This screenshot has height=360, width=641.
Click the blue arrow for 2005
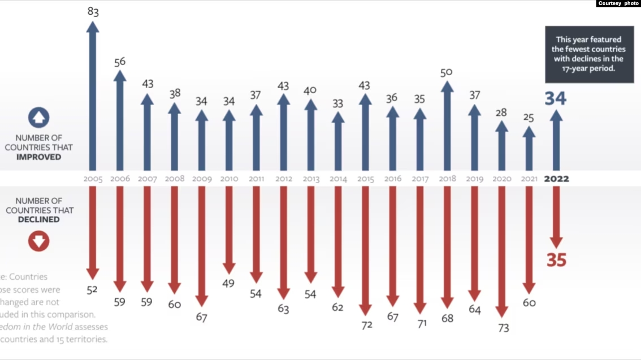click(93, 96)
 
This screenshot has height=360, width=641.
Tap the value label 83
click(93, 11)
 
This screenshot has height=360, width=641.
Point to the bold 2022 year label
click(556, 179)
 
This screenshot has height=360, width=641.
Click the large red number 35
click(556, 260)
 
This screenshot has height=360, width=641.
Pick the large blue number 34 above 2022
click(556, 98)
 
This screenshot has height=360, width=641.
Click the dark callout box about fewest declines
click(589, 55)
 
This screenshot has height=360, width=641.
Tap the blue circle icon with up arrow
click(38, 118)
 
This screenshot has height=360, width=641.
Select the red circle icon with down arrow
click(38, 241)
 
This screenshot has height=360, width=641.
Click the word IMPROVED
click(38, 157)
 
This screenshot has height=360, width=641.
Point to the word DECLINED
click(38, 219)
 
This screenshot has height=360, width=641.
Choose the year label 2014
click(337, 179)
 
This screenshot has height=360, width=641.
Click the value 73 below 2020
click(502, 328)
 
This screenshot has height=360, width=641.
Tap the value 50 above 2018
click(447, 72)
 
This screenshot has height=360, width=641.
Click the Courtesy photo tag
click(618, 3)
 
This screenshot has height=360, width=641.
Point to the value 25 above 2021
click(529, 118)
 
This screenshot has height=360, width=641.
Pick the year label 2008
click(174, 179)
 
